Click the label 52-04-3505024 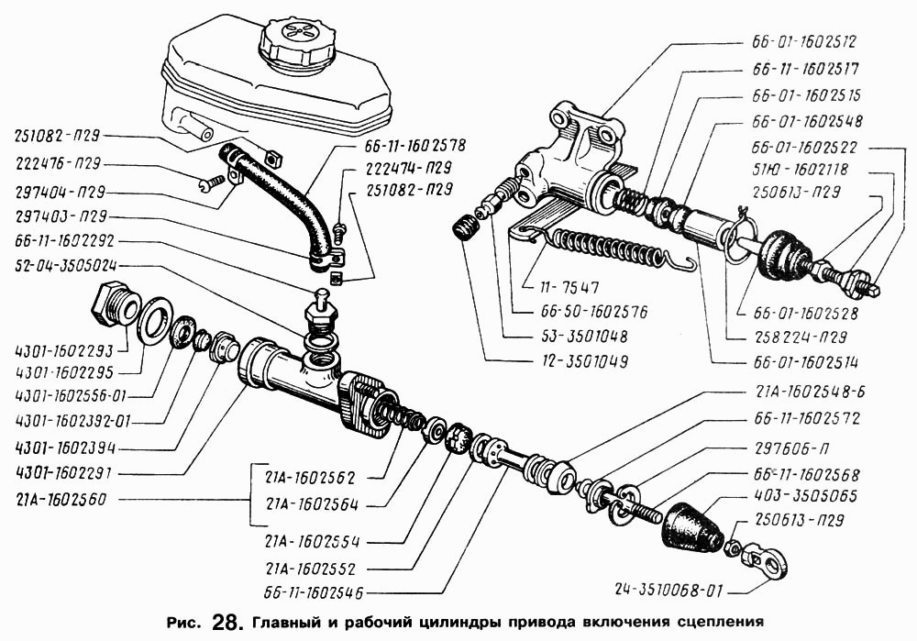[x=72, y=266]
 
